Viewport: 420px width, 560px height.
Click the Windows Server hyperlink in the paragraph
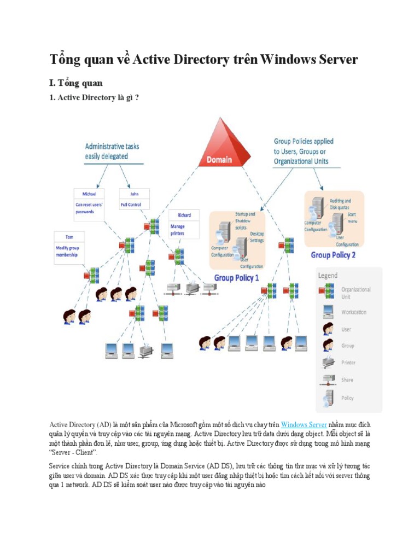tap(304, 424)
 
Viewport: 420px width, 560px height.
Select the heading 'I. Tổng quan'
tap(76, 83)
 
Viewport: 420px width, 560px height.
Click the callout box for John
tap(134, 200)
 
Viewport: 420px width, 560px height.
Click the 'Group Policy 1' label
tap(236, 278)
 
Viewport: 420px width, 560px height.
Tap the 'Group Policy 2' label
tap(333, 255)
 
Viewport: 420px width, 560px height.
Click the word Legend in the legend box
tap(328, 276)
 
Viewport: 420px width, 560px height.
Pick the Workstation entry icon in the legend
tap(328, 312)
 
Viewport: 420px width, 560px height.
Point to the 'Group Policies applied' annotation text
tap(304, 141)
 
